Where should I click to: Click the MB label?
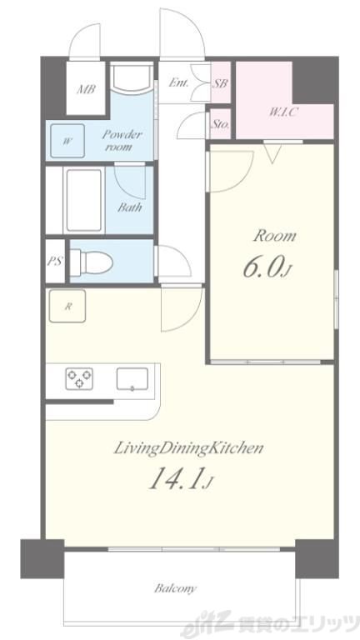(86, 89)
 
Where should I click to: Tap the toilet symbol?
(92, 261)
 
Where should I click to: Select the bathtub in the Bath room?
(83, 200)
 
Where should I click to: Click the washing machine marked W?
(67, 141)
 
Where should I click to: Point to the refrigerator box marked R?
(67, 306)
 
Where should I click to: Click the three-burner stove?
(79, 378)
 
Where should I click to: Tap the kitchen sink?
(132, 379)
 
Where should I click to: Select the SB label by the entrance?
(220, 83)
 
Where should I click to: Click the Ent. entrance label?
(179, 82)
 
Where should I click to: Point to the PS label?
(55, 261)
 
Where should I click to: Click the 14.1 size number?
(177, 478)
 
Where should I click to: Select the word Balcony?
(176, 588)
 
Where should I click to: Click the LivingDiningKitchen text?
(187, 448)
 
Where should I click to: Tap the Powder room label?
(121, 140)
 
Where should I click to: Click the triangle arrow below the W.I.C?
(272, 153)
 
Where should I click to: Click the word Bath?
(130, 207)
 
